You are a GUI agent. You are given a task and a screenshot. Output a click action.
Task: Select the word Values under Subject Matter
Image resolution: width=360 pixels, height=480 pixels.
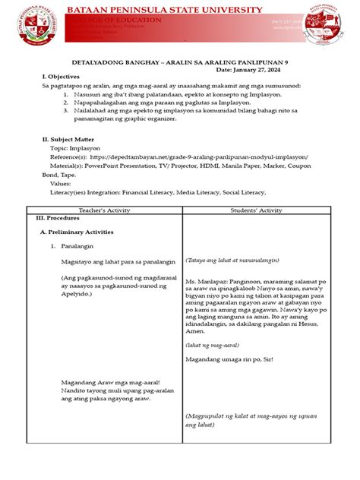[62, 184]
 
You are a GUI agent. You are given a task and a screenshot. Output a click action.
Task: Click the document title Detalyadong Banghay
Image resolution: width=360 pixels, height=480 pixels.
[180, 61]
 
